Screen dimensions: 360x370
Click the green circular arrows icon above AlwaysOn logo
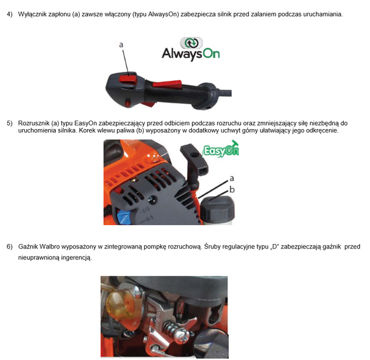click(191, 43)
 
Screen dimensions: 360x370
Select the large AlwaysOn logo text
click(190, 54)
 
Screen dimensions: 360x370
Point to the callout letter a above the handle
click(121, 44)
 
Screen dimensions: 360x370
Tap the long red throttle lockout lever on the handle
click(167, 84)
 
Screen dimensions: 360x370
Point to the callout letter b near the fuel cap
click(232, 188)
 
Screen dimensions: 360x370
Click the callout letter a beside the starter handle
click(232, 178)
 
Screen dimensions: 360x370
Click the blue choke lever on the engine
click(122, 217)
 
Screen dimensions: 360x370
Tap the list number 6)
click(9, 247)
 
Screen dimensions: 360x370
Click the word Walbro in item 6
click(52, 247)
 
